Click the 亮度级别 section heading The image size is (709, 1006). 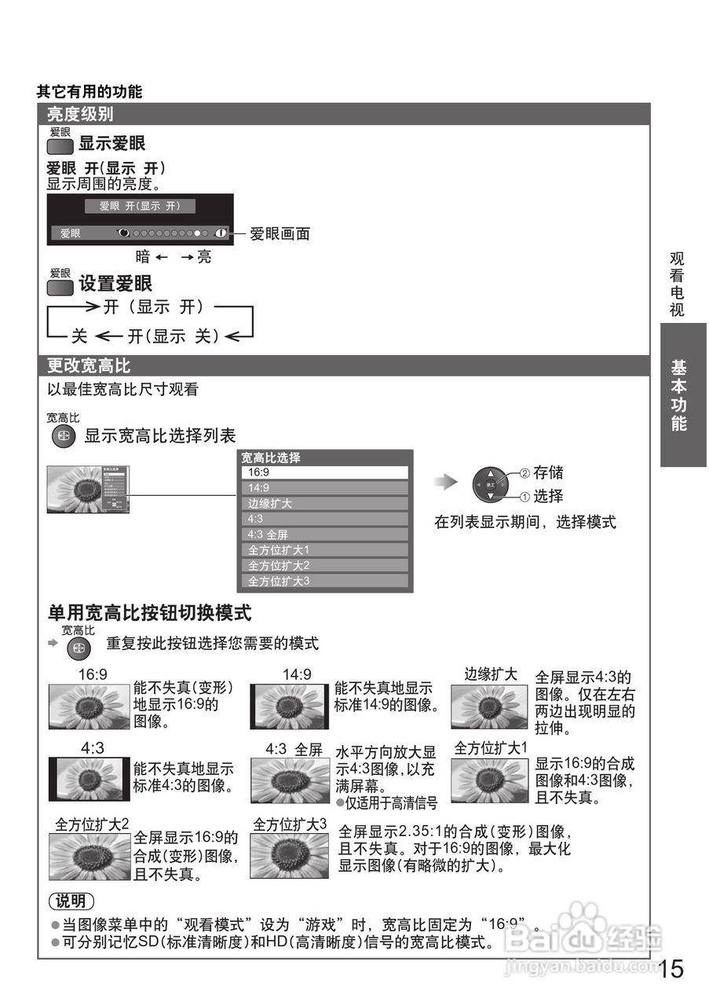tap(80, 115)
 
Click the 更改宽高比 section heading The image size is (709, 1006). tap(89, 365)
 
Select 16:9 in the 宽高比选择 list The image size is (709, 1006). tap(324, 472)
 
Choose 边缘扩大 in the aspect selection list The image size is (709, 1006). tap(324, 504)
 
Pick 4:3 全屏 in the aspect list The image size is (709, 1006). tap(324, 534)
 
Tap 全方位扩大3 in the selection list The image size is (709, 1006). tap(324, 581)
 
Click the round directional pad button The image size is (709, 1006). tap(490, 485)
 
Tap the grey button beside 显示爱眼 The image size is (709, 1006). tap(60, 146)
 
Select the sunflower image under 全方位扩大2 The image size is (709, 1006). tap(89, 856)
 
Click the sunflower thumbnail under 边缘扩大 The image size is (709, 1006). tap(490, 707)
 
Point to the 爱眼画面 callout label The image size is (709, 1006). tap(280, 233)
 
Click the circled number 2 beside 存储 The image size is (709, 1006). tap(524, 473)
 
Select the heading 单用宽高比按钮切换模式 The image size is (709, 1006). tap(149, 613)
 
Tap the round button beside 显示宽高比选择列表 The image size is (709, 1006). tap(63, 437)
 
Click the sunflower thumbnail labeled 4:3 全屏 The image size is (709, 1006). tap(289, 780)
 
